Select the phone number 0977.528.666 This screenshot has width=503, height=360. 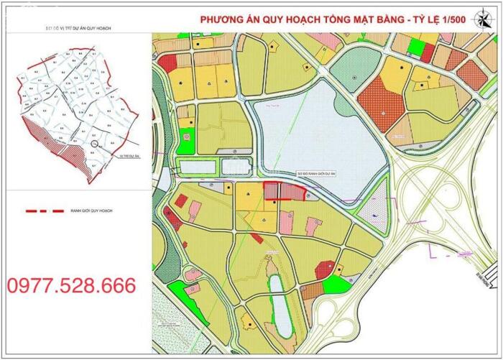pos(72,286)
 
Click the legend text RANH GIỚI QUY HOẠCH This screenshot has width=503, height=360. pos(92,211)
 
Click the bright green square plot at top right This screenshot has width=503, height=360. pos(415,46)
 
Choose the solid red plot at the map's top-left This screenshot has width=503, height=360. pos(167,63)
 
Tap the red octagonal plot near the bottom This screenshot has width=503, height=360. pos(324,269)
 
